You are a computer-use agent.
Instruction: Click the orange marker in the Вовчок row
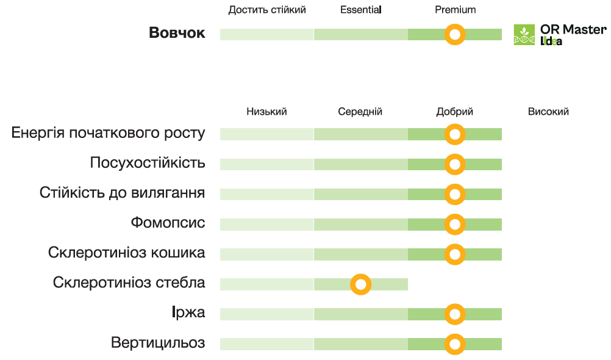point(454,34)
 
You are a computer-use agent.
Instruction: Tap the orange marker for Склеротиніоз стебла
point(361,284)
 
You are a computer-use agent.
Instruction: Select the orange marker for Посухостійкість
point(454,164)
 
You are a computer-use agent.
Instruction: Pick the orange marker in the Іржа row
point(454,314)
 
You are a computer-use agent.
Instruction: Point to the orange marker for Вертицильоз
point(454,344)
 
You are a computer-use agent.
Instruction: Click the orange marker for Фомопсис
point(454,225)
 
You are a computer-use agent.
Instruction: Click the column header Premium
point(455,10)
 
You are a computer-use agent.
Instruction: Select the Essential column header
point(360,10)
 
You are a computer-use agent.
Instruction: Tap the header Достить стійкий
point(267,10)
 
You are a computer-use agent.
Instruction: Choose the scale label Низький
point(266,112)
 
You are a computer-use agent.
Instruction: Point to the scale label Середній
point(360,112)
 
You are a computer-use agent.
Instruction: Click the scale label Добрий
point(454,112)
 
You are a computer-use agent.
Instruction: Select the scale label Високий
point(548,112)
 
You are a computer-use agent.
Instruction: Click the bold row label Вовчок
point(177,34)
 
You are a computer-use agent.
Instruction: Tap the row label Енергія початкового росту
point(109,134)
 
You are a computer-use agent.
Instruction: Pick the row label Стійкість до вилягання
point(122,193)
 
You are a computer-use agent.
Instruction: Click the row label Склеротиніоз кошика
point(126,253)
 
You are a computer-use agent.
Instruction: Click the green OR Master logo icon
point(524,35)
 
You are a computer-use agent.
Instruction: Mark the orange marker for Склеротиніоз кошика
point(454,254)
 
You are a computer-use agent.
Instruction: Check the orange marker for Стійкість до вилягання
point(454,194)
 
